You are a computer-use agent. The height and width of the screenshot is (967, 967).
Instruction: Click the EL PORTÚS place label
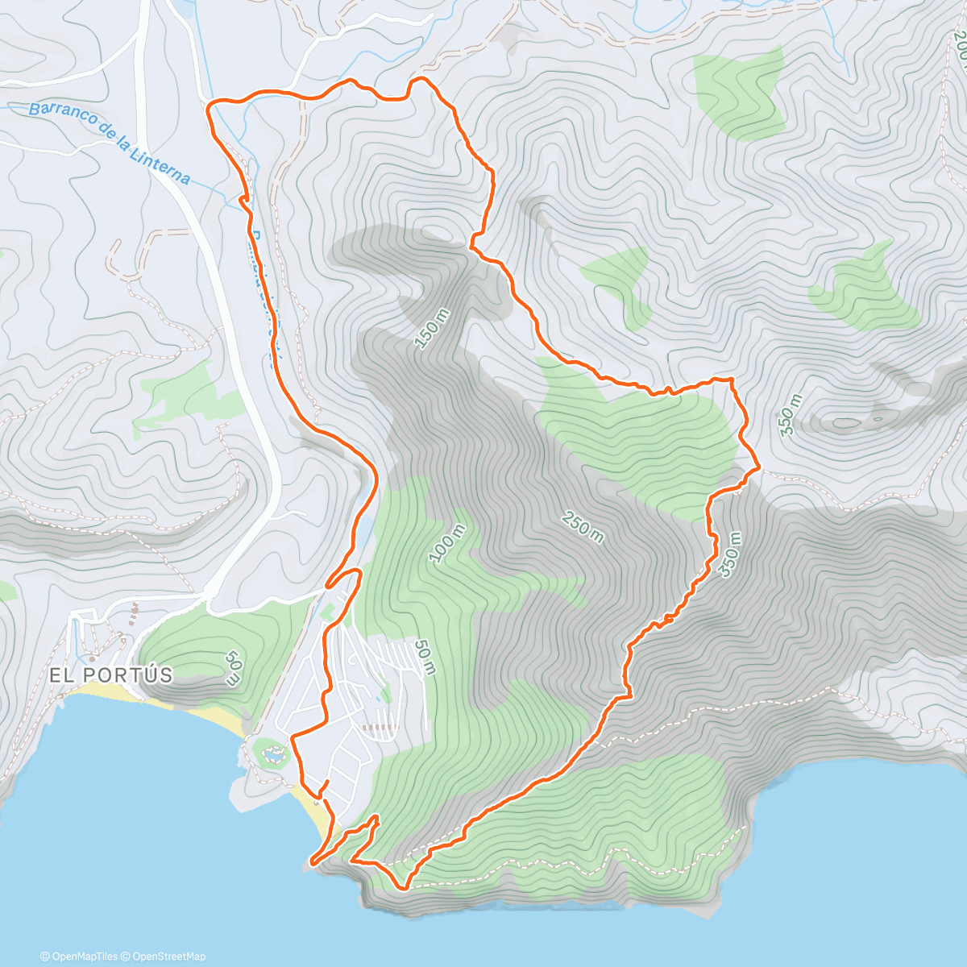pyautogui.click(x=111, y=675)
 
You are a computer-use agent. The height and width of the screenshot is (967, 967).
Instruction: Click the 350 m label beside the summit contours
pyautogui.click(x=791, y=414)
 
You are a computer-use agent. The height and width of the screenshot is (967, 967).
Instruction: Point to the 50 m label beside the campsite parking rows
pyautogui.click(x=425, y=658)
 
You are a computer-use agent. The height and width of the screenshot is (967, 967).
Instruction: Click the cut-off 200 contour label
pyautogui.click(x=959, y=45)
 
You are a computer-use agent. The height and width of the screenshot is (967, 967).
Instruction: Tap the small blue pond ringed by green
pyautogui.click(x=273, y=755)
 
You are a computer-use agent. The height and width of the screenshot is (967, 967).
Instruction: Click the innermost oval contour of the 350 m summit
pyautogui.click(x=846, y=422)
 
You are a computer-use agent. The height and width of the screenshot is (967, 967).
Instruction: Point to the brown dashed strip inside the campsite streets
pyautogui.click(x=379, y=727)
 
